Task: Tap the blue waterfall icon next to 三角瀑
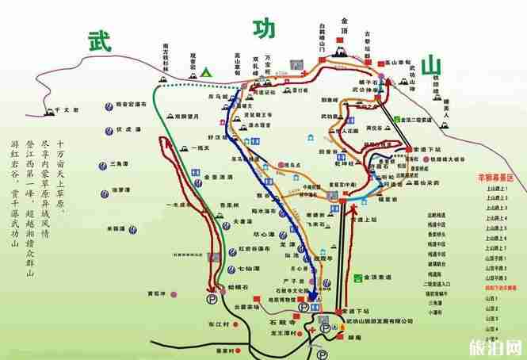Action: (x=104, y=165)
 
